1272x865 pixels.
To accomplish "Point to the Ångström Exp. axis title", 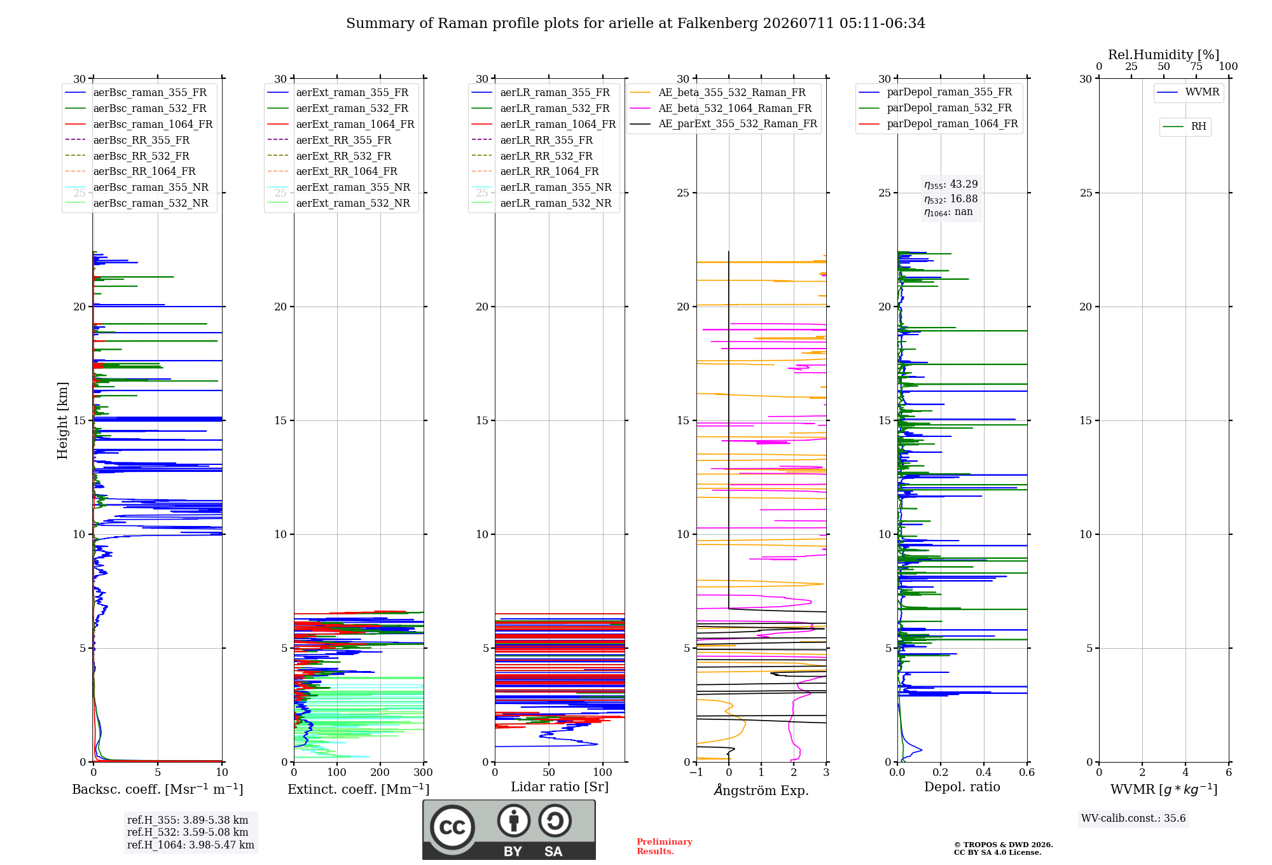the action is (x=761, y=790).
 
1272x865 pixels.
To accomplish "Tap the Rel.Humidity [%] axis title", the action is (x=1164, y=55).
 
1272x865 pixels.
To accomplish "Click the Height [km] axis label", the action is (x=62, y=420).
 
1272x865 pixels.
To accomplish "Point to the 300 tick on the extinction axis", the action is (x=424, y=773).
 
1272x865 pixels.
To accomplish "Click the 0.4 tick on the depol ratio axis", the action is (x=984, y=773).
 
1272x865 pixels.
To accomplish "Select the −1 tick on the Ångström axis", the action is (x=696, y=773).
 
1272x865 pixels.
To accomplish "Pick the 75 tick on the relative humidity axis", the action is (x=1196, y=67).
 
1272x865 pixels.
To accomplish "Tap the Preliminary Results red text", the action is (x=665, y=847).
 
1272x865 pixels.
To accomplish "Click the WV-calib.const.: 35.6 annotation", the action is (x=1133, y=819).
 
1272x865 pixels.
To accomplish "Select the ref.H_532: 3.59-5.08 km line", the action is (x=188, y=833).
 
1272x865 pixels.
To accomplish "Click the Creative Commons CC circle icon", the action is (x=453, y=827).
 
